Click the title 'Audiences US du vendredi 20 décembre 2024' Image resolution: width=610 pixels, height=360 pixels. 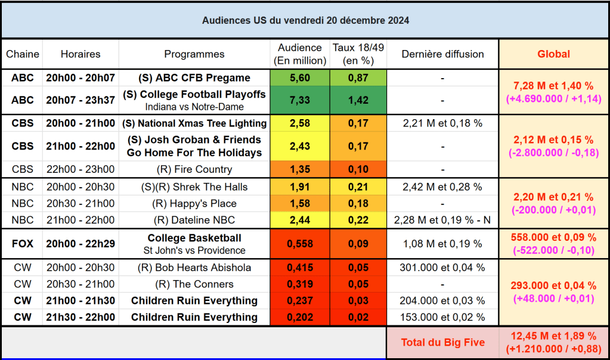pos(305,20)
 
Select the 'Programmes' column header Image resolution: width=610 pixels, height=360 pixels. pos(194,54)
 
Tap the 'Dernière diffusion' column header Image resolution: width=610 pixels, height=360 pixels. pos(442,54)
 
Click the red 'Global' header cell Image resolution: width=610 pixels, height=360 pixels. pos(553,54)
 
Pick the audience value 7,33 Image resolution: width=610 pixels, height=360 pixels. pos(299,100)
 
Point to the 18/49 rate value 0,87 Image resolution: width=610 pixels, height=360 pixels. pos(358,78)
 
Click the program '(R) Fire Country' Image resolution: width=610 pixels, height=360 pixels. pos(194,169)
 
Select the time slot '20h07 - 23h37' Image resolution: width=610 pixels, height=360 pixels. pos(80,100)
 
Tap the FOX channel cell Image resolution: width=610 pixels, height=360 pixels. pos(23,243)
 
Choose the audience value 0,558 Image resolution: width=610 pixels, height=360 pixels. pos(299,243)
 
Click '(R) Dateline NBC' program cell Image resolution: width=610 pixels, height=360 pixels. pos(194,220)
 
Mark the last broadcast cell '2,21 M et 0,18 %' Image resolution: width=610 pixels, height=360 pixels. pos(442,123)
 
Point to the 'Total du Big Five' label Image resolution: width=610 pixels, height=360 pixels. pos(442,342)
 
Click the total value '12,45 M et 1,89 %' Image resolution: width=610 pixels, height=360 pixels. pos(553,336)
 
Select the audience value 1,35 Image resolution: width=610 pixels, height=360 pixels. pos(299,169)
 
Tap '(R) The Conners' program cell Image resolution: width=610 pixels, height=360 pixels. pos(194,284)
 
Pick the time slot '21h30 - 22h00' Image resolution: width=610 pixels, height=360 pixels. pos(80,317)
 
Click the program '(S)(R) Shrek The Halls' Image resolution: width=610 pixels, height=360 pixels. pos(194,187)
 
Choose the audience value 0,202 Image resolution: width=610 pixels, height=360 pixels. pos(299,317)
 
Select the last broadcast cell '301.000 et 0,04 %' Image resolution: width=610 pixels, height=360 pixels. pos(442,268)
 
